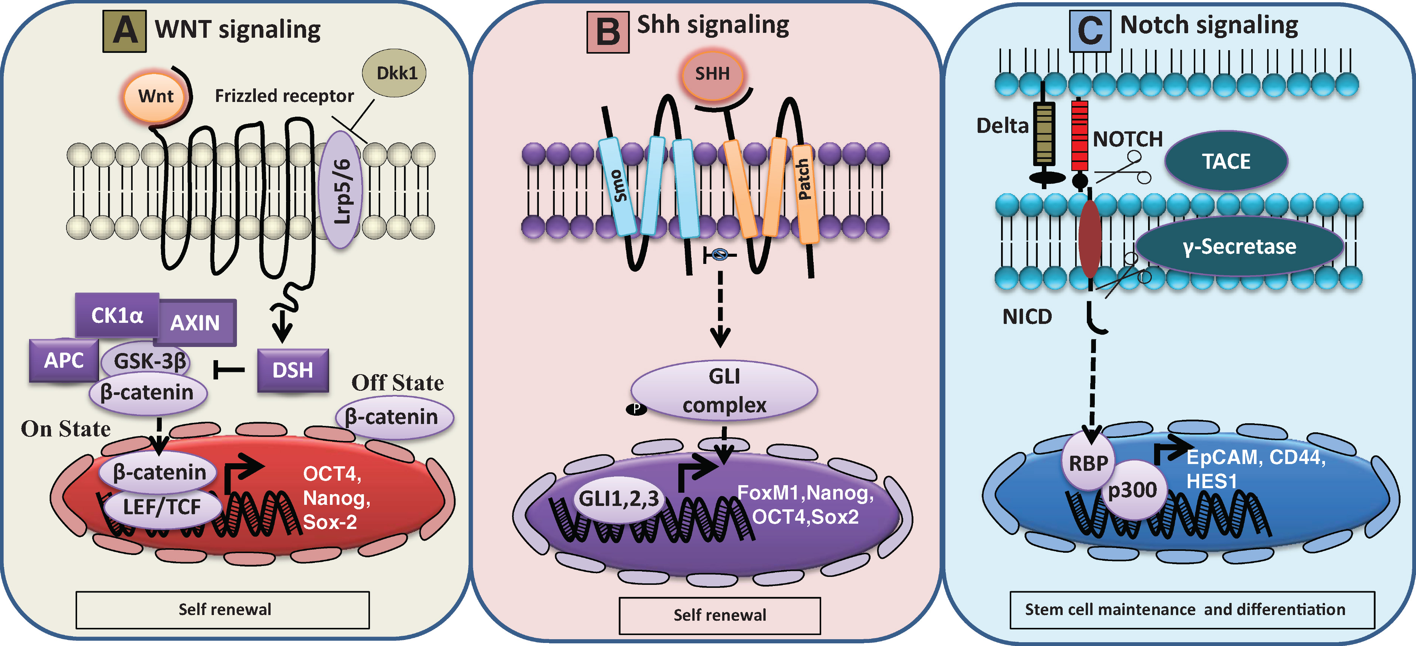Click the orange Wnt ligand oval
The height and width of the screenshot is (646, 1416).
click(x=156, y=97)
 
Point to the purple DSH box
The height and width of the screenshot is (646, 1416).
click(x=293, y=370)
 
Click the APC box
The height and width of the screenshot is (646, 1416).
click(x=64, y=360)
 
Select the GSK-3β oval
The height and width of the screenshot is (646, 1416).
click(x=149, y=361)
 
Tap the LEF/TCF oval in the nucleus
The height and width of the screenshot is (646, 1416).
click(x=162, y=506)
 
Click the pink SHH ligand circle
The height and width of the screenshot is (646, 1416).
click(x=712, y=74)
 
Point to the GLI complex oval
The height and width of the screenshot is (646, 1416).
click(x=724, y=390)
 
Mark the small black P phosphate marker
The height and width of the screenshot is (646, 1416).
click(x=636, y=409)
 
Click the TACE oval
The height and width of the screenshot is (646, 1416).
click(x=1226, y=161)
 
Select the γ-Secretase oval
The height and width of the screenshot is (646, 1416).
click(x=1239, y=247)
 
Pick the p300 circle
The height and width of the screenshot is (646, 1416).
click(x=1132, y=489)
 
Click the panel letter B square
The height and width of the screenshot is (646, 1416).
click(x=608, y=32)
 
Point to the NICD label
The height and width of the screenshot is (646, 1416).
click(x=1027, y=317)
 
